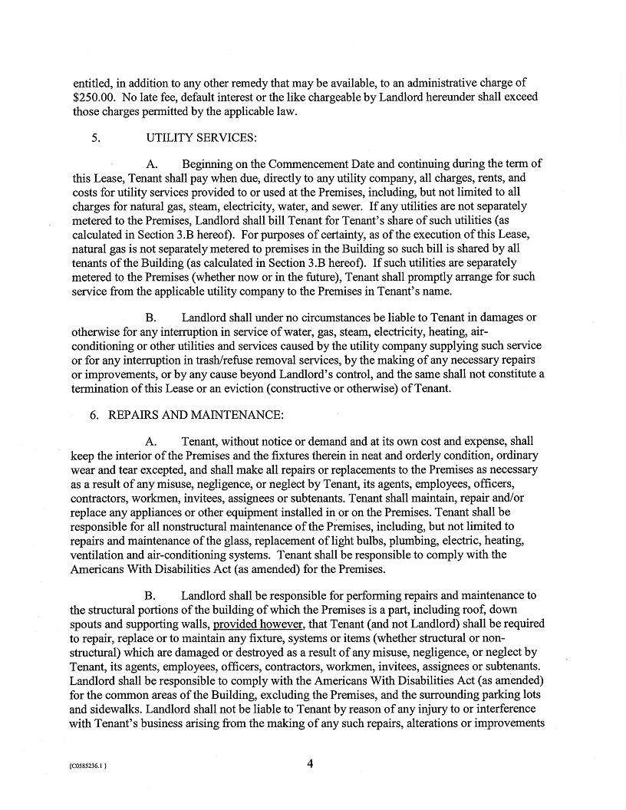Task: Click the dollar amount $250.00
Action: tap(95, 97)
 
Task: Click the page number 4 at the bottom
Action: tap(310, 763)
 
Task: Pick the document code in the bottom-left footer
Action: tap(96, 765)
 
